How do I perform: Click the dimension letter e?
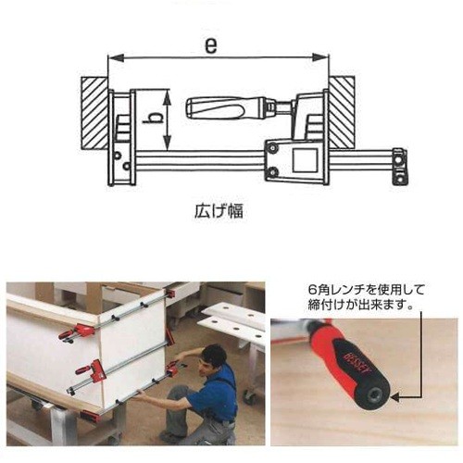[x=211, y=46]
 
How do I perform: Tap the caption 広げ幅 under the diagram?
[x=219, y=211]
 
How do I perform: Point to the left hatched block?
[x=94, y=114]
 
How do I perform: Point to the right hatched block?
[x=341, y=112]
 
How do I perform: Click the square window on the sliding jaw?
[x=306, y=160]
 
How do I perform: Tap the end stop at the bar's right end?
[x=400, y=167]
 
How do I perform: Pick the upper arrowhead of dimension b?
[x=167, y=96]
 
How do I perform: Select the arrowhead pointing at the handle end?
[x=395, y=398]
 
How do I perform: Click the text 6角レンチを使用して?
[x=366, y=290]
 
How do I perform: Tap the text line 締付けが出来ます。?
[x=360, y=306]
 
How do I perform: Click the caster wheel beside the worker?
[x=248, y=397]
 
